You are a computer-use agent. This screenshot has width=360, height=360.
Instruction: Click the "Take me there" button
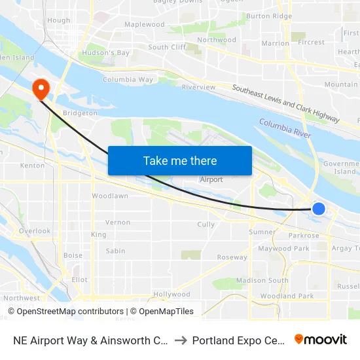point(180,160)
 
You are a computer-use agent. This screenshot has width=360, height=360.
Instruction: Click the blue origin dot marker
point(319,208)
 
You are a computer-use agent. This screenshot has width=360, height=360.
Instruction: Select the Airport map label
point(211,179)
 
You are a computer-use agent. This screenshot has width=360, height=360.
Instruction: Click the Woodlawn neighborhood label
point(110,196)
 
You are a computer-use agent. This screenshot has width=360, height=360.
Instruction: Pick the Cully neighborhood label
point(206,225)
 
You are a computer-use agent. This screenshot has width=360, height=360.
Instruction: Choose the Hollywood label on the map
point(171,295)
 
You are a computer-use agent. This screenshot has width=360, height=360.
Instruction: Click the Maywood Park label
point(283,249)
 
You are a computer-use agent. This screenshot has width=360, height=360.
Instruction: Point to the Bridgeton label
point(80,113)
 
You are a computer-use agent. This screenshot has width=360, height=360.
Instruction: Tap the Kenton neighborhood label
point(33,166)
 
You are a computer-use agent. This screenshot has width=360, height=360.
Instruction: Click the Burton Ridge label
point(269,16)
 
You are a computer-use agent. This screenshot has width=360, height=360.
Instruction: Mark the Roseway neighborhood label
point(233,257)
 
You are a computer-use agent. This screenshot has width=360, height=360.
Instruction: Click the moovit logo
point(321,340)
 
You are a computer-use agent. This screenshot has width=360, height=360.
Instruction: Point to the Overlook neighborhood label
point(35,231)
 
